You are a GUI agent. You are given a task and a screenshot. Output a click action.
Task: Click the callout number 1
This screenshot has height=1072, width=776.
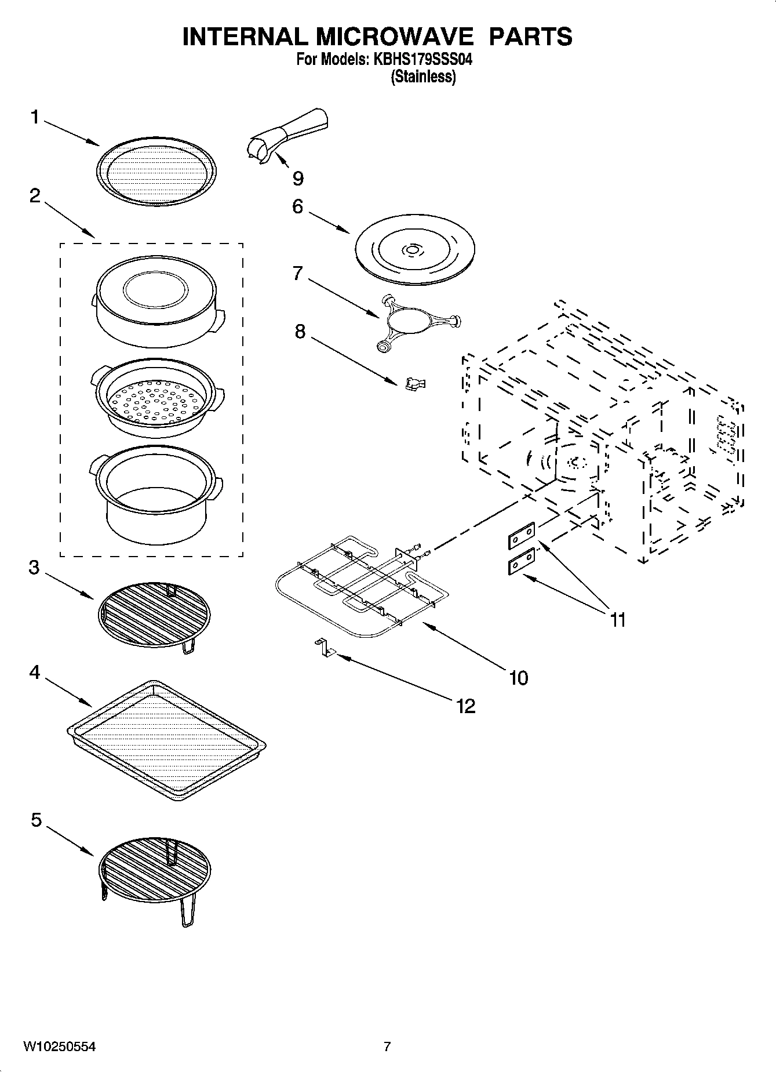pyautogui.click(x=35, y=118)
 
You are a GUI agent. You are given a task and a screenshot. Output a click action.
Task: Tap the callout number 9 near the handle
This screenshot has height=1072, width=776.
pyautogui.click(x=297, y=179)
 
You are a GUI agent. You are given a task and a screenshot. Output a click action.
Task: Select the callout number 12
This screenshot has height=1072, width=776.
pyautogui.click(x=465, y=706)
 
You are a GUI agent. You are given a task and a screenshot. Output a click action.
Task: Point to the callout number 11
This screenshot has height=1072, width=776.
pyautogui.click(x=618, y=620)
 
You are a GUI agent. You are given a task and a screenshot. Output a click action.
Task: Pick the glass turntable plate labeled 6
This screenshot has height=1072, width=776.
pyautogui.click(x=414, y=250)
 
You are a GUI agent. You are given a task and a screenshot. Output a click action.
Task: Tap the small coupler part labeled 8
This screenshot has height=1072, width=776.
pyautogui.click(x=415, y=384)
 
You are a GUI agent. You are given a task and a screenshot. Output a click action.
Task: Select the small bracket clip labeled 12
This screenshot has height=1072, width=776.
pyautogui.click(x=325, y=648)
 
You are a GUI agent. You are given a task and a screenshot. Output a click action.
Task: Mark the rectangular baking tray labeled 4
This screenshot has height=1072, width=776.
pyautogui.click(x=166, y=740)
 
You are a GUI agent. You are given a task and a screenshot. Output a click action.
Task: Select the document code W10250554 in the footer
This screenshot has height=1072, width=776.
pyautogui.click(x=59, y=1046)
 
